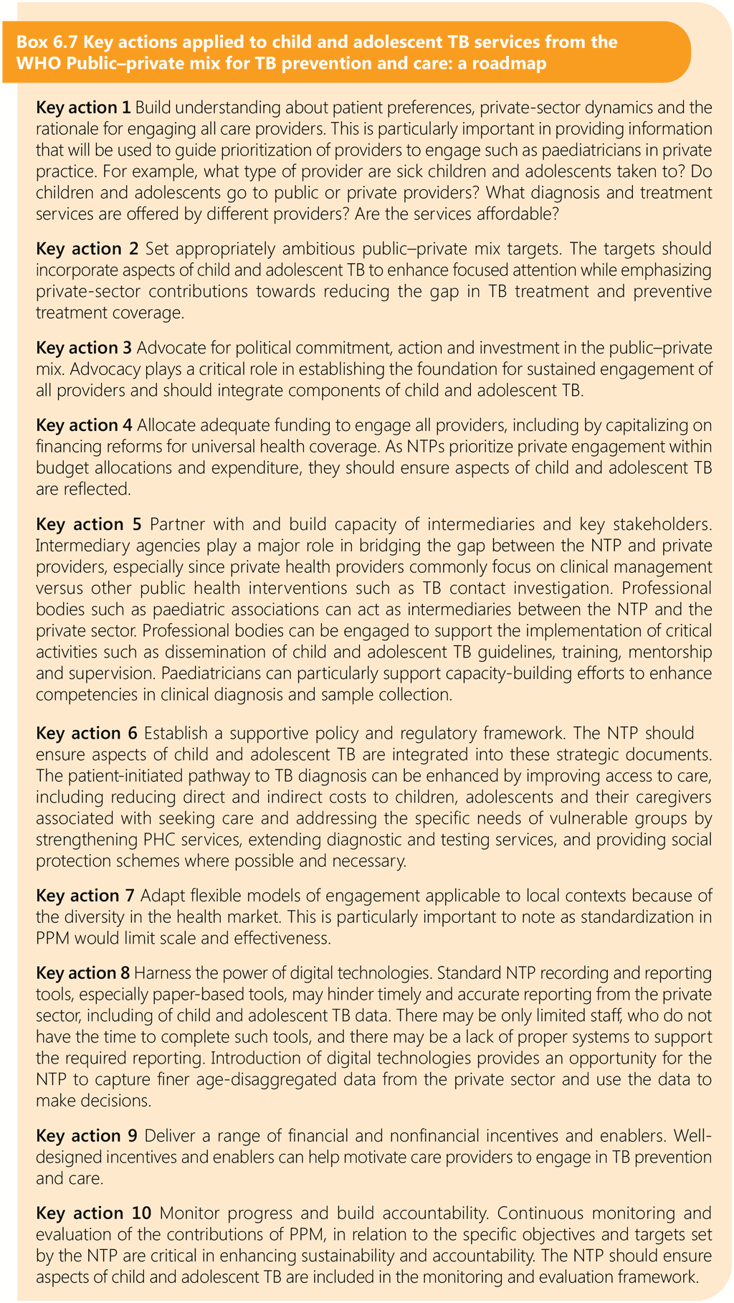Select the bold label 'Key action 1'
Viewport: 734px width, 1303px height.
(x=83, y=108)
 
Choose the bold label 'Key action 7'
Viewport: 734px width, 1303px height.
(x=85, y=896)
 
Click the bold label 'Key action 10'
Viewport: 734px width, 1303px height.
(x=94, y=1213)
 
